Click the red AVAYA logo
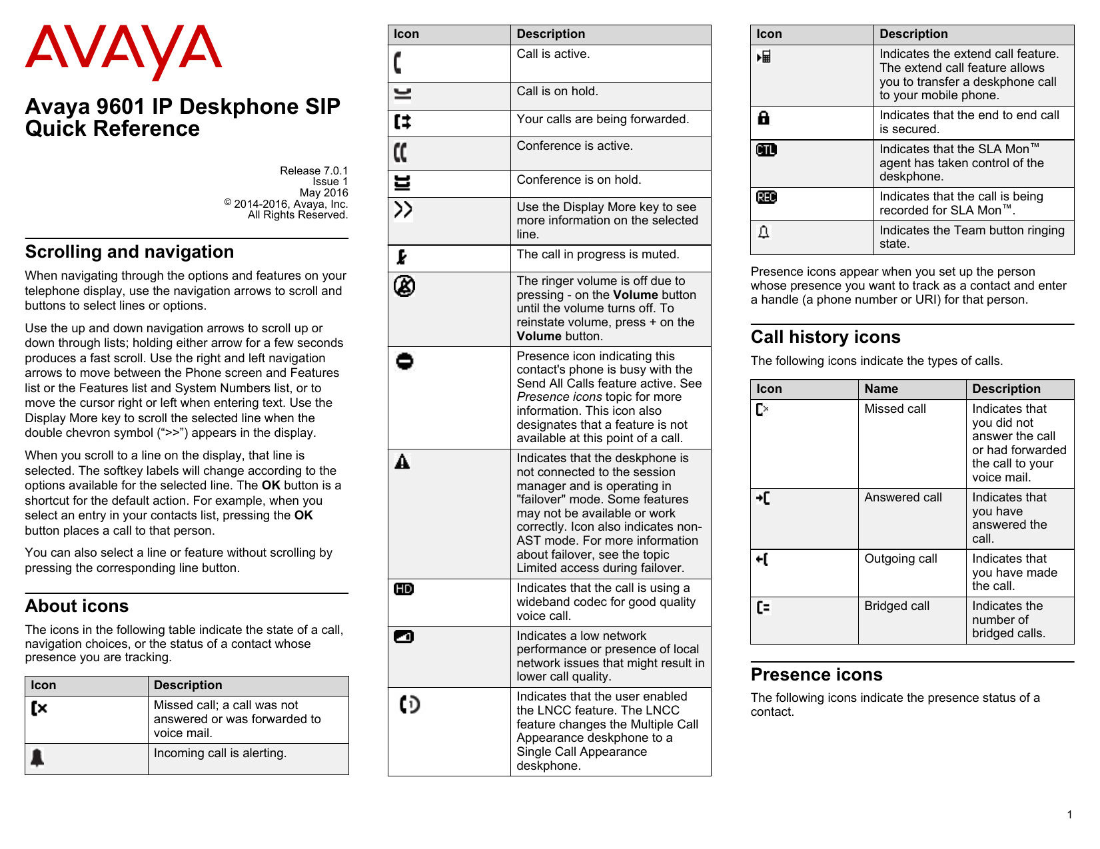tap(123, 51)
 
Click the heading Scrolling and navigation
tap(129, 252)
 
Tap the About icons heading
tap(77, 606)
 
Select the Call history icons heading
tap(825, 337)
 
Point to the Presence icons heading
tap(816, 675)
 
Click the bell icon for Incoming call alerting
tap(37, 758)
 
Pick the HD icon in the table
tap(404, 589)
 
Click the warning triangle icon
tap(402, 461)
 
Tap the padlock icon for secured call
tap(764, 118)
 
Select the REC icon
tap(766, 197)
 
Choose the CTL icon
tap(766, 150)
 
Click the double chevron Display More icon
tap(403, 210)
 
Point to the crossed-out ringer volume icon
tap(404, 286)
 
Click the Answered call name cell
tap(903, 497)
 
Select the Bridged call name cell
tap(896, 606)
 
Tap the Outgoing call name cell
tap(900, 559)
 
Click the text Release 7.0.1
tap(313, 170)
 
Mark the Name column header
tap(881, 389)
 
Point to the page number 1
tap(1069, 814)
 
